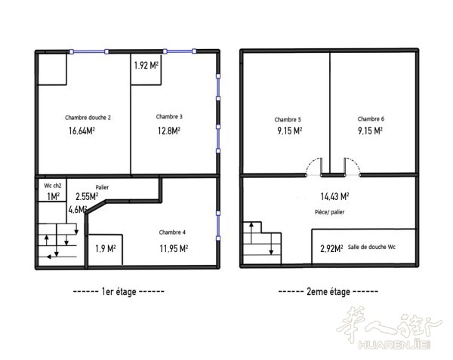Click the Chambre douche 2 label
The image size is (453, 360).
pyautogui.click(x=88, y=118)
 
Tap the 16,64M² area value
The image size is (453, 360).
pyautogui.click(x=82, y=131)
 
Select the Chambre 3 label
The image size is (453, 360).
pyautogui.click(x=169, y=117)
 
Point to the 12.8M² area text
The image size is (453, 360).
pyautogui.click(x=169, y=131)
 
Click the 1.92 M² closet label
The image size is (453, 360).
pyautogui.click(x=146, y=65)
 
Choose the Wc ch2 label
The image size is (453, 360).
pyautogui.click(x=53, y=186)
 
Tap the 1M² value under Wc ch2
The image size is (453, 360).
pyautogui.click(x=53, y=196)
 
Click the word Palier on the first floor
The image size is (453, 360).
pyautogui.click(x=102, y=187)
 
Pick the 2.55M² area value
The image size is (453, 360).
pyautogui.click(x=87, y=196)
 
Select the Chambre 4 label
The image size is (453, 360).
pyautogui.click(x=172, y=232)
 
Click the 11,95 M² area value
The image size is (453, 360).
pyautogui.click(x=174, y=248)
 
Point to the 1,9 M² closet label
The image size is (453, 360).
pyautogui.click(x=106, y=248)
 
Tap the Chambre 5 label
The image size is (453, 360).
pyautogui.click(x=288, y=119)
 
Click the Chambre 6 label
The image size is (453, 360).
pyautogui.click(x=371, y=119)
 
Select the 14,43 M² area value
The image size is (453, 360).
pyautogui.click(x=334, y=196)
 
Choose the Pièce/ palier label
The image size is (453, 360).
pyautogui.click(x=329, y=212)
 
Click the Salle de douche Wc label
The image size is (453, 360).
pyautogui.click(x=371, y=247)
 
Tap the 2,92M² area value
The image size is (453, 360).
pyautogui.click(x=331, y=248)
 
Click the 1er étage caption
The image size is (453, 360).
pyautogui.click(x=119, y=291)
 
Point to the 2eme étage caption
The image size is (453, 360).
pyautogui.click(x=328, y=291)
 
